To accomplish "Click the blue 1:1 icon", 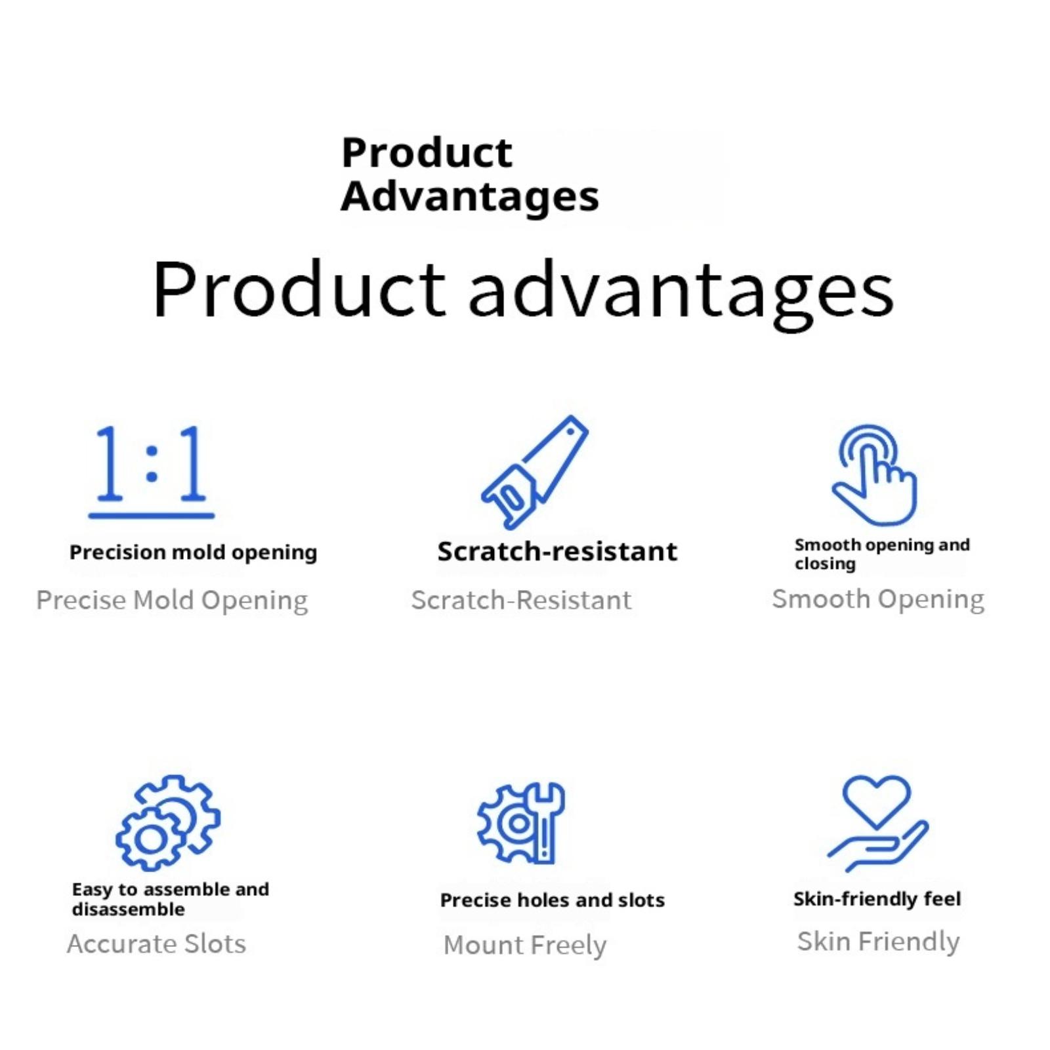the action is (x=152, y=472).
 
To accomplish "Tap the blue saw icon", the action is (x=535, y=472).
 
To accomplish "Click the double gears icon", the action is (x=168, y=823).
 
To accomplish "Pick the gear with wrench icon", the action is (x=521, y=823).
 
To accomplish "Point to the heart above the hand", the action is (x=877, y=801).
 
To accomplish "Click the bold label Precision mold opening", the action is (x=194, y=553).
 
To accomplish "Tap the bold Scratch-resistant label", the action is (x=557, y=551).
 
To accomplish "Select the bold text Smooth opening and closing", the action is (x=882, y=554).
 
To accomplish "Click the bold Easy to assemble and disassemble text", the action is (x=171, y=899).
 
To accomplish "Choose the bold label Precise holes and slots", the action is (x=553, y=900).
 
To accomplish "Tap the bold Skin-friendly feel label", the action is (x=877, y=898).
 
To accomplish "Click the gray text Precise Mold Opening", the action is (x=172, y=600).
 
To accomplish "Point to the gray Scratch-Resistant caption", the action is (x=521, y=600).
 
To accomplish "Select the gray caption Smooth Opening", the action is (x=878, y=599).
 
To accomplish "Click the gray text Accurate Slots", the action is (x=156, y=944).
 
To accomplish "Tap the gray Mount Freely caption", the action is (x=525, y=945).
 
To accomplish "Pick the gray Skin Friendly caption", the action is (x=878, y=942).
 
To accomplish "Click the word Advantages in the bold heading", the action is (x=470, y=197).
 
